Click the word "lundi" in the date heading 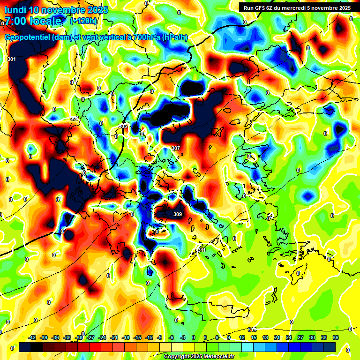click(x=15, y=10)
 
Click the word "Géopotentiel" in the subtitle click(x=26, y=37)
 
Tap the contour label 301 click(x=12, y=59)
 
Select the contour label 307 click(x=176, y=148)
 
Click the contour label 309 click(x=178, y=215)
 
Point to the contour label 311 click(x=202, y=250)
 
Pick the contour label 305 click(x=123, y=126)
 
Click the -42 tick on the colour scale click(x=32, y=337)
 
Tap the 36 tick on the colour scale click(x=335, y=337)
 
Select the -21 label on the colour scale click(x=114, y=337)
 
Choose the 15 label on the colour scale click(x=254, y=337)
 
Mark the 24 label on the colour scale click(x=288, y=337)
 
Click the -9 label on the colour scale click(x=160, y=337)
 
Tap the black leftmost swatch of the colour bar click(x=25, y=347)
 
